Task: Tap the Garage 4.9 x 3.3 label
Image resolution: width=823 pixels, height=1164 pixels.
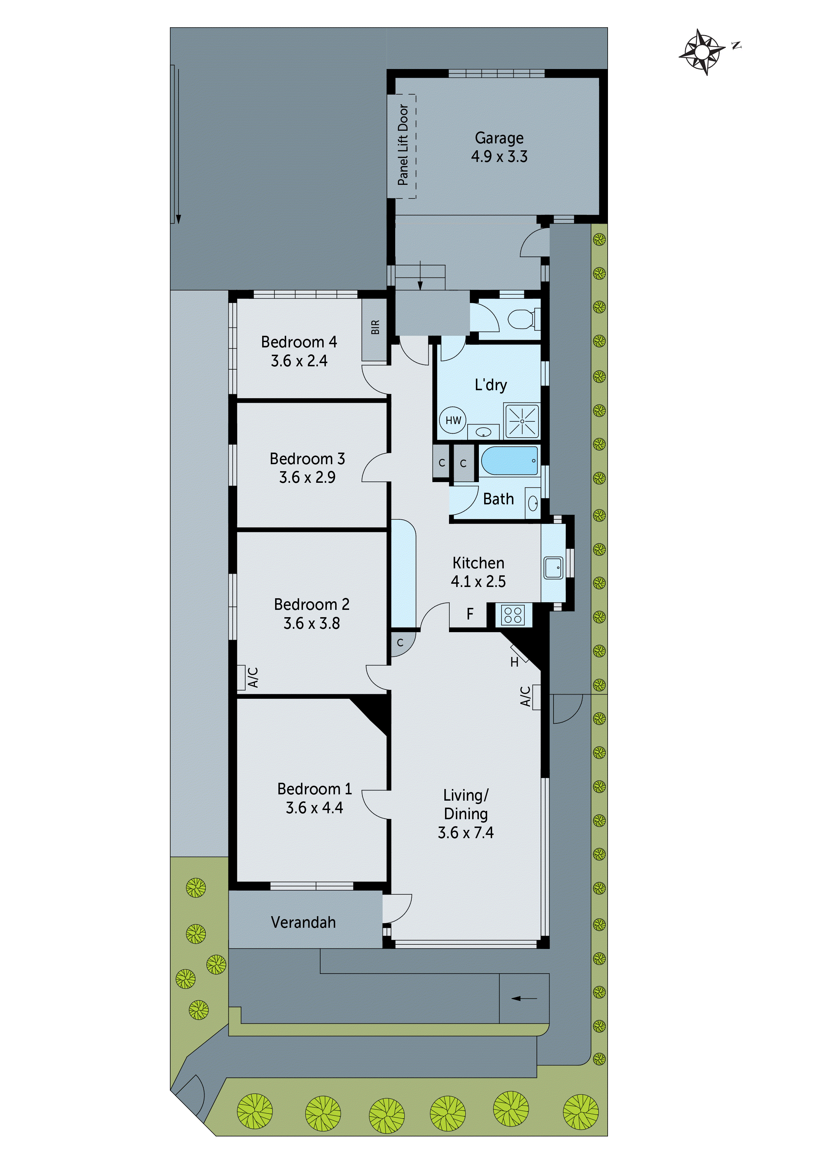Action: pos(499,147)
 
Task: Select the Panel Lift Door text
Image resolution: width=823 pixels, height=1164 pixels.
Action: pos(403,145)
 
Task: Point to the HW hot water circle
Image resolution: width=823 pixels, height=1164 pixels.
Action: pos(453,420)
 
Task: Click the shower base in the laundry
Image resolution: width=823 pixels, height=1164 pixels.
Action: pos(521,421)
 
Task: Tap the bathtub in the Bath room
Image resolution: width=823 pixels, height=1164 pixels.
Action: pos(509,461)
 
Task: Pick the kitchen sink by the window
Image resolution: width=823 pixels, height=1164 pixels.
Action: pos(553,568)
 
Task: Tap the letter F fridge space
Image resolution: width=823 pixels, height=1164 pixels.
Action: pos(470,615)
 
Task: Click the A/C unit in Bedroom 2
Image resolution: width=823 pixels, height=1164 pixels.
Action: pos(242,677)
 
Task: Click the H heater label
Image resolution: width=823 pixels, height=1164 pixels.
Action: pos(514,662)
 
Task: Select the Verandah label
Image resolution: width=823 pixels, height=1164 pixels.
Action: pos(303,922)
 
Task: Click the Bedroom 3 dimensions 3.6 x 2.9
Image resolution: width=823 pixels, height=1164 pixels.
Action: pos(307,477)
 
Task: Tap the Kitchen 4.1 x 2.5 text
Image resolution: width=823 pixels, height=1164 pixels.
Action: pos(478,572)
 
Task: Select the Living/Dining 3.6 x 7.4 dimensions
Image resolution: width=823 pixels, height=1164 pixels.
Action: pos(466,833)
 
